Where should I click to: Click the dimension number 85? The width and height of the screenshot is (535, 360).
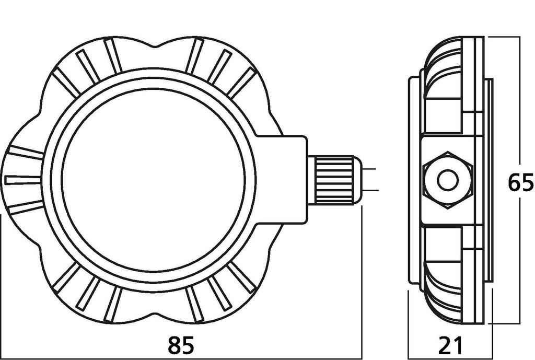coord(181,345)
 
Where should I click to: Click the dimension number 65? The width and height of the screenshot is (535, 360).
coord(520,183)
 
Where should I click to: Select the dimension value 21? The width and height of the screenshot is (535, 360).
coord(450,345)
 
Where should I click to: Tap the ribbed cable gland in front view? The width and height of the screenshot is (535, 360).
coord(334,180)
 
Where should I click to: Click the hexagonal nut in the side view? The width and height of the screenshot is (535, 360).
coord(448,180)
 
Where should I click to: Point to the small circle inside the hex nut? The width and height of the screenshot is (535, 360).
coord(448,181)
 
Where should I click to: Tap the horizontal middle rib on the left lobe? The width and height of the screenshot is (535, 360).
coord(23,180)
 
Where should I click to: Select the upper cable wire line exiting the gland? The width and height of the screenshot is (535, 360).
coord(369,169)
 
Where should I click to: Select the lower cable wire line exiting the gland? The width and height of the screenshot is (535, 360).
coord(369,191)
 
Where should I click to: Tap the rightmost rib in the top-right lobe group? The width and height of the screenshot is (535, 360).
coord(241,83)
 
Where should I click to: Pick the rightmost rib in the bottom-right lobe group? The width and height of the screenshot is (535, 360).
coord(242,277)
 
